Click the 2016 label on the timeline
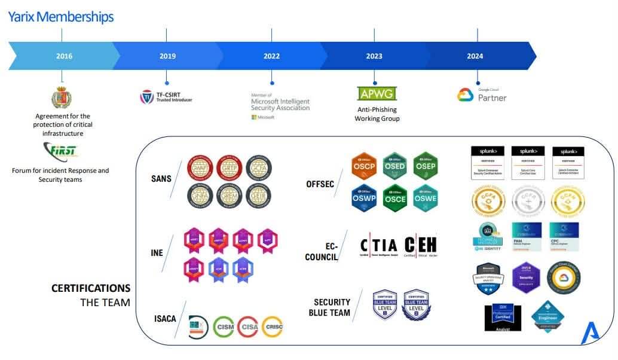64,56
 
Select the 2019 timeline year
167,56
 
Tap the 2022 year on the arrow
271,56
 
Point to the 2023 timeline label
374,56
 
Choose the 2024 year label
475,56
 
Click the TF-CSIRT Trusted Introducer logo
166,97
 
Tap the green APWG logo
377,93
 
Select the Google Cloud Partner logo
482,95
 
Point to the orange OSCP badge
364,166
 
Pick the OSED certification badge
395,166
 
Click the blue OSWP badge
364,198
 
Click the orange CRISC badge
272,327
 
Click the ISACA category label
164,319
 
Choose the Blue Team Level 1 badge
386,304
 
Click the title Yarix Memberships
60,17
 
